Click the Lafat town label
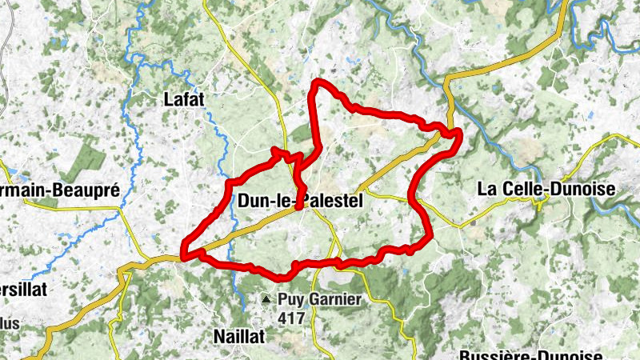[184, 99]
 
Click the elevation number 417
[293, 317]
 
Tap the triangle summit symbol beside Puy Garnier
[266, 300]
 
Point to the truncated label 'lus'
[10, 323]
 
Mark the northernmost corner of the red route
[318, 82]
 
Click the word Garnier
[336, 300]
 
